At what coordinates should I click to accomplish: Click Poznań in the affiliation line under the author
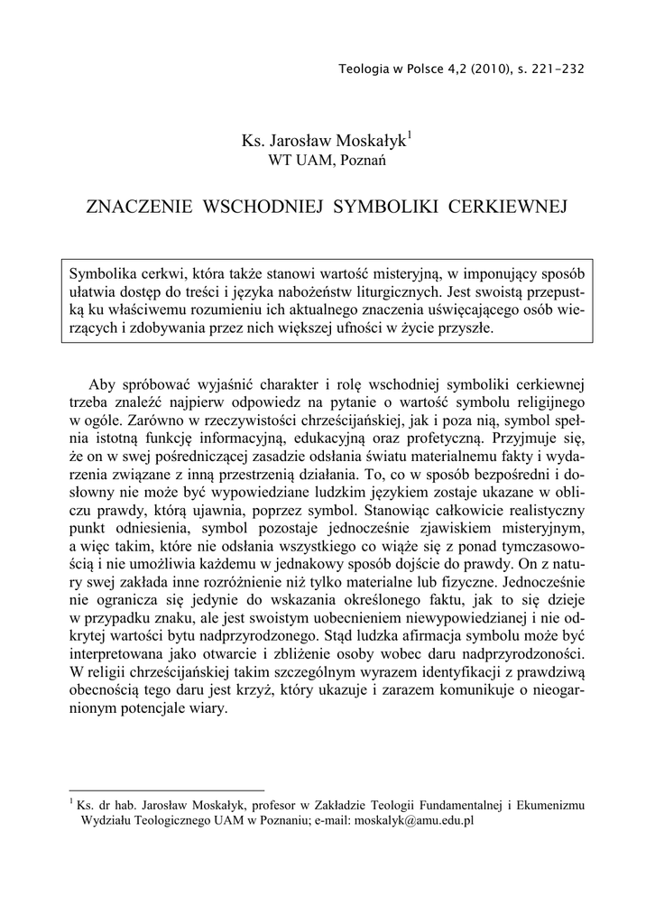pos(362,161)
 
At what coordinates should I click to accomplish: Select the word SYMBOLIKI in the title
pos(386,207)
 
